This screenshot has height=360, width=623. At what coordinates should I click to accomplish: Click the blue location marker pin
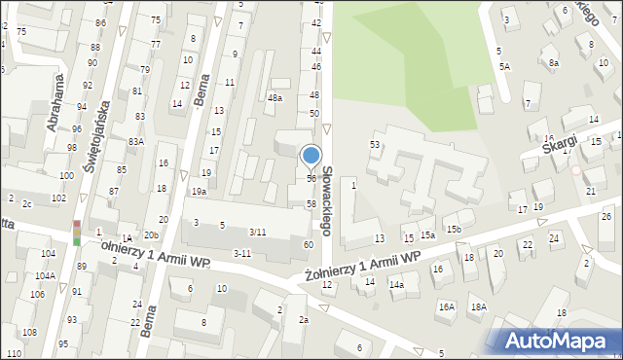click(x=311, y=157)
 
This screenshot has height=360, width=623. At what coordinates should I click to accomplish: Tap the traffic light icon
click(x=78, y=233)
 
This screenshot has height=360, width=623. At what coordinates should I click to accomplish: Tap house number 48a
click(x=275, y=98)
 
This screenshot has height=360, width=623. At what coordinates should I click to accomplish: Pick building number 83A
click(x=136, y=142)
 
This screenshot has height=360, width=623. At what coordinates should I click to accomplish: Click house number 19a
click(x=199, y=192)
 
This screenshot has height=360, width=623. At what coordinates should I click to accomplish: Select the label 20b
click(x=151, y=235)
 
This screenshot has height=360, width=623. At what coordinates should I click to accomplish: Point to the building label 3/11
click(x=258, y=232)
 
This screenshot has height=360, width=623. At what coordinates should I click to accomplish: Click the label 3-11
click(x=242, y=253)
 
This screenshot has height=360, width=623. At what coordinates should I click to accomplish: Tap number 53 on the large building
click(x=374, y=144)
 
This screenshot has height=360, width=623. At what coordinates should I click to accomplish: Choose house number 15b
click(x=454, y=229)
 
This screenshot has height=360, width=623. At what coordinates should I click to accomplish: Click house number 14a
click(x=396, y=285)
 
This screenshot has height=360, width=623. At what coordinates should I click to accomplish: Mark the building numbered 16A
click(x=446, y=306)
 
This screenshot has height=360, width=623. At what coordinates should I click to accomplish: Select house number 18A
click(x=478, y=306)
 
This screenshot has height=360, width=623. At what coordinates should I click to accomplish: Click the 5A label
click(x=504, y=66)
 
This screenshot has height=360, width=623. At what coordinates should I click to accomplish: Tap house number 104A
click(x=44, y=276)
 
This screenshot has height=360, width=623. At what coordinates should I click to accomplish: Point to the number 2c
click(x=28, y=203)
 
